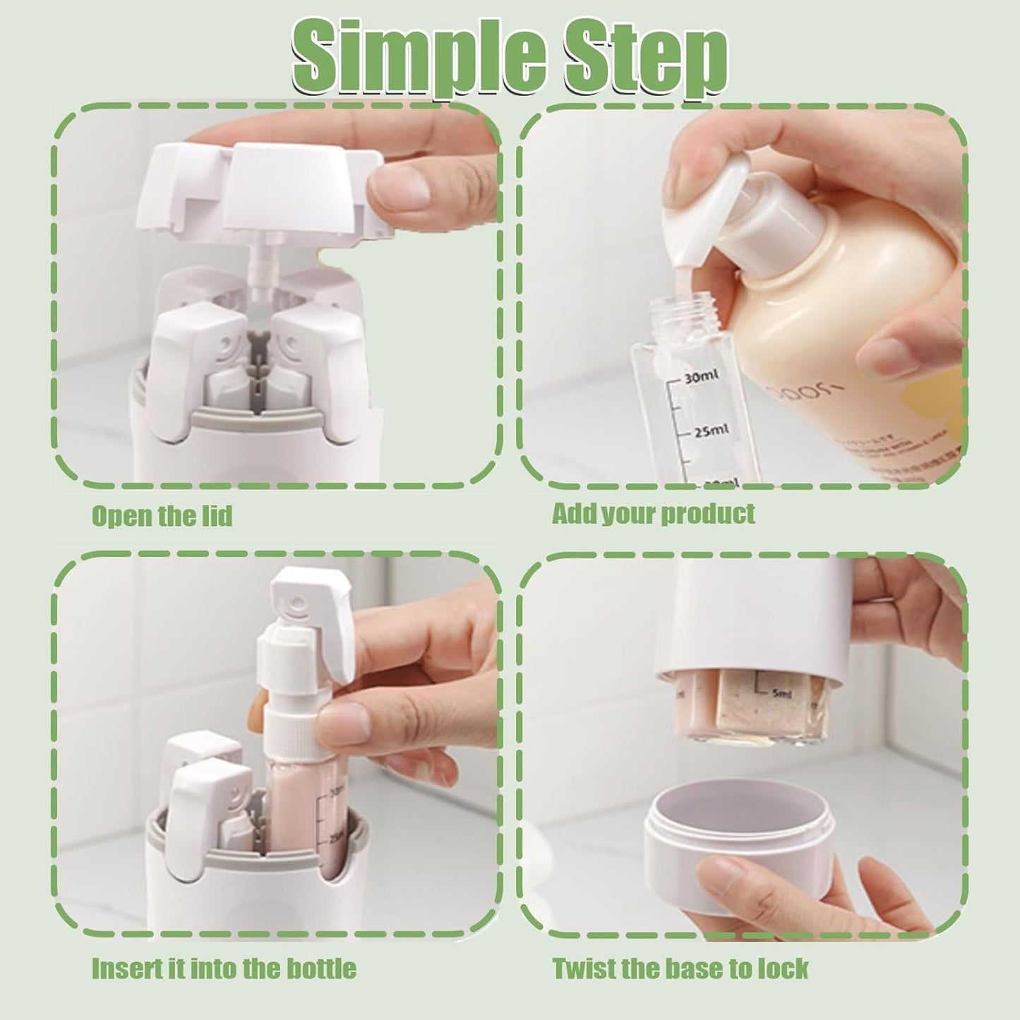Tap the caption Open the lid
(162, 516)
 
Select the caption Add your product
(653, 513)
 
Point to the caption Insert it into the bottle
(224, 968)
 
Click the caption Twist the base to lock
(680, 968)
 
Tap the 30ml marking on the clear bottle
(700, 378)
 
